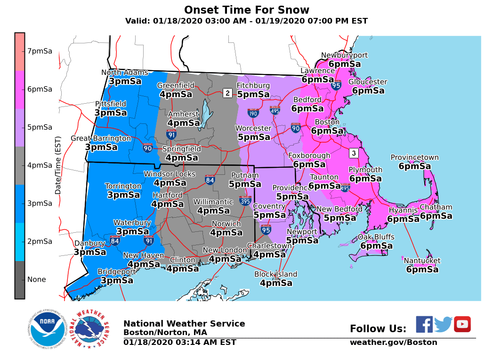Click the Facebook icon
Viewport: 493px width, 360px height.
pyautogui.click(x=424, y=324)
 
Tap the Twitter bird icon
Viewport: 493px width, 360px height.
pyautogui.click(x=443, y=324)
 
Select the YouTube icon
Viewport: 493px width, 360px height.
pyautogui.click(x=462, y=324)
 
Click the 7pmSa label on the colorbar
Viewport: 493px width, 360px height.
pyautogui.click(x=40, y=51)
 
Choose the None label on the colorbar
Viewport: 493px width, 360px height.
pyautogui.click(x=36, y=279)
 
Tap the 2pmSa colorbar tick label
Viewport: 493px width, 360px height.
pyautogui.click(x=40, y=241)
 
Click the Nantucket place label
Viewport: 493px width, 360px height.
pyautogui.click(x=422, y=261)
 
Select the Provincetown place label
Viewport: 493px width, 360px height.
pyautogui.click(x=414, y=157)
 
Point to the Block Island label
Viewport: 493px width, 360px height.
pyautogui.click(x=276, y=274)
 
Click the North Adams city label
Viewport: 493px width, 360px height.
pyautogui.click(x=125, y=73)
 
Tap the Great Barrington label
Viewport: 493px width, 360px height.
pyautogui.click(x=101, y=138)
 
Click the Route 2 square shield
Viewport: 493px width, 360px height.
pyautogui.click(x=227, y=93)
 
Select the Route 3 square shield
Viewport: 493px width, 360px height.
pyautogui.click(x=354, y=153)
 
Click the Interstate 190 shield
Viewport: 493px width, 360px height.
pyautogui.click(x=253, y=113)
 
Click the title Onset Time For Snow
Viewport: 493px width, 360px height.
pyautogui.click(x=246, y=10)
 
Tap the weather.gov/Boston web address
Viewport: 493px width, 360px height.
pyautogui.click(x=393, y=343)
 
